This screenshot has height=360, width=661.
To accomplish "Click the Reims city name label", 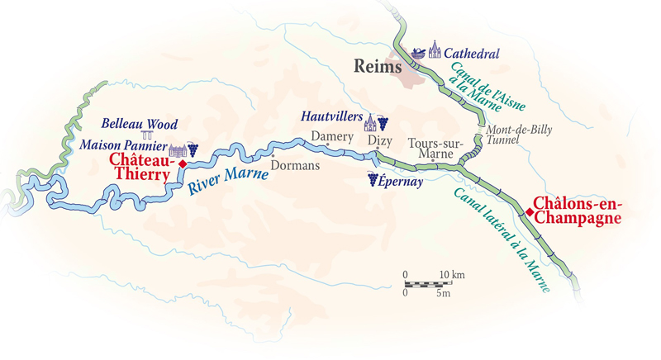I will (x=378, y=67).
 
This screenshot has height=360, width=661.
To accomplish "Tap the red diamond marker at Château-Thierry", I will (x=183, y=163).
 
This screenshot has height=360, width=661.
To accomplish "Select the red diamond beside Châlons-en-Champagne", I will (x=529, y=212).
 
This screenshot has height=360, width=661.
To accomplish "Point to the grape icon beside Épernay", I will (x=373, y=179).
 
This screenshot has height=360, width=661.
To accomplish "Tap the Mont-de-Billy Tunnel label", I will (x=516, y=136).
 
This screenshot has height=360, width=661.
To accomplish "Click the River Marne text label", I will (x=220, y=178).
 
